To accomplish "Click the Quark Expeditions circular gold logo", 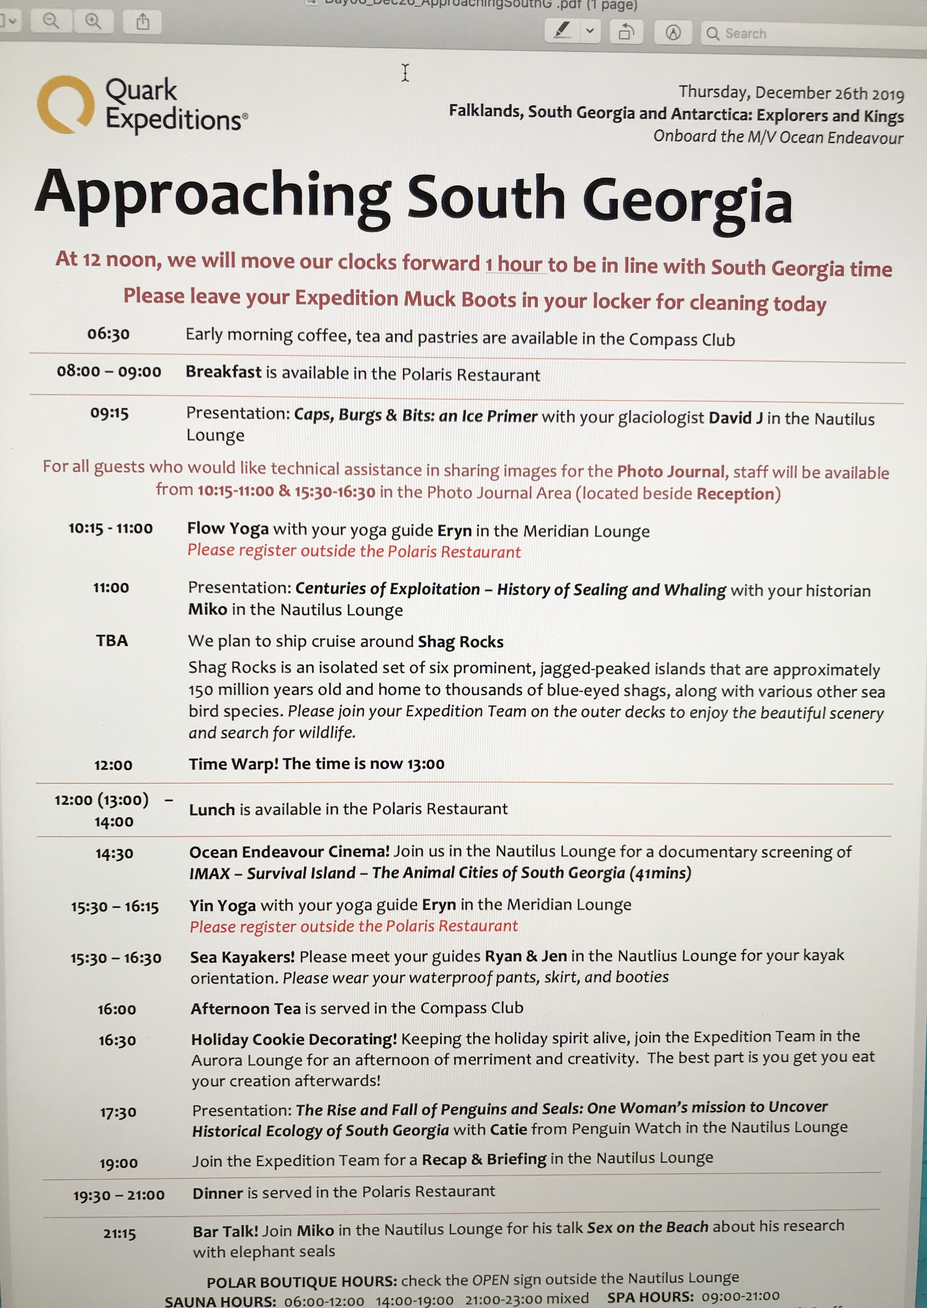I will tap(65, 104).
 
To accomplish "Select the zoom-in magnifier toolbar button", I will tap(93, 22).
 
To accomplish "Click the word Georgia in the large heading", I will tap(687, 202).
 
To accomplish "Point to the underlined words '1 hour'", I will tap(514, 265).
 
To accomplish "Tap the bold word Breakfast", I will tap(223, 372).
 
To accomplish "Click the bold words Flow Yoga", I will tap(228, 529).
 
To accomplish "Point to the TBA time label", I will tap(112, 641).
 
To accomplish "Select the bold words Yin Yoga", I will tap(223, 906).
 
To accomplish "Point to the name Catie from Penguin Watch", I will tap(508, 1129).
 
